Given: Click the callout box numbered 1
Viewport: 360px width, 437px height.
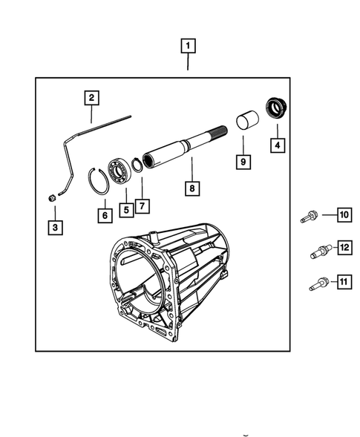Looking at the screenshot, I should pos(190,46).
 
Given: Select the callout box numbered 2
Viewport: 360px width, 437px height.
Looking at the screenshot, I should pos(91,97).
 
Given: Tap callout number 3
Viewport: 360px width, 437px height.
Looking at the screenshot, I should pos(56,227).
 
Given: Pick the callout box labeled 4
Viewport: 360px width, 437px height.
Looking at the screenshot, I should pos(277,145).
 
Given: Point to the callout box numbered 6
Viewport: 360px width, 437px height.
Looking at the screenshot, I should pos(104,214).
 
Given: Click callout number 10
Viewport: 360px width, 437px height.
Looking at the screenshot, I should pos(343,216).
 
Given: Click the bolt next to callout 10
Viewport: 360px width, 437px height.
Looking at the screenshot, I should pos(310,217).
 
